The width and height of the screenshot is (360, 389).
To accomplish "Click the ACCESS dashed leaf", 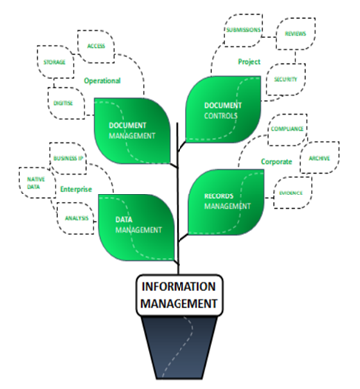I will (96, 46).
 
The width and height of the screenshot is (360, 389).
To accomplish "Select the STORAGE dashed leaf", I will (55, 62).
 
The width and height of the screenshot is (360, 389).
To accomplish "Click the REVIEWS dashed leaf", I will (295, 33).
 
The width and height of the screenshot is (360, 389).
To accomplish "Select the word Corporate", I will (276, 160).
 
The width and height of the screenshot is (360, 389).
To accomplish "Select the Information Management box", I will (180, 297).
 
